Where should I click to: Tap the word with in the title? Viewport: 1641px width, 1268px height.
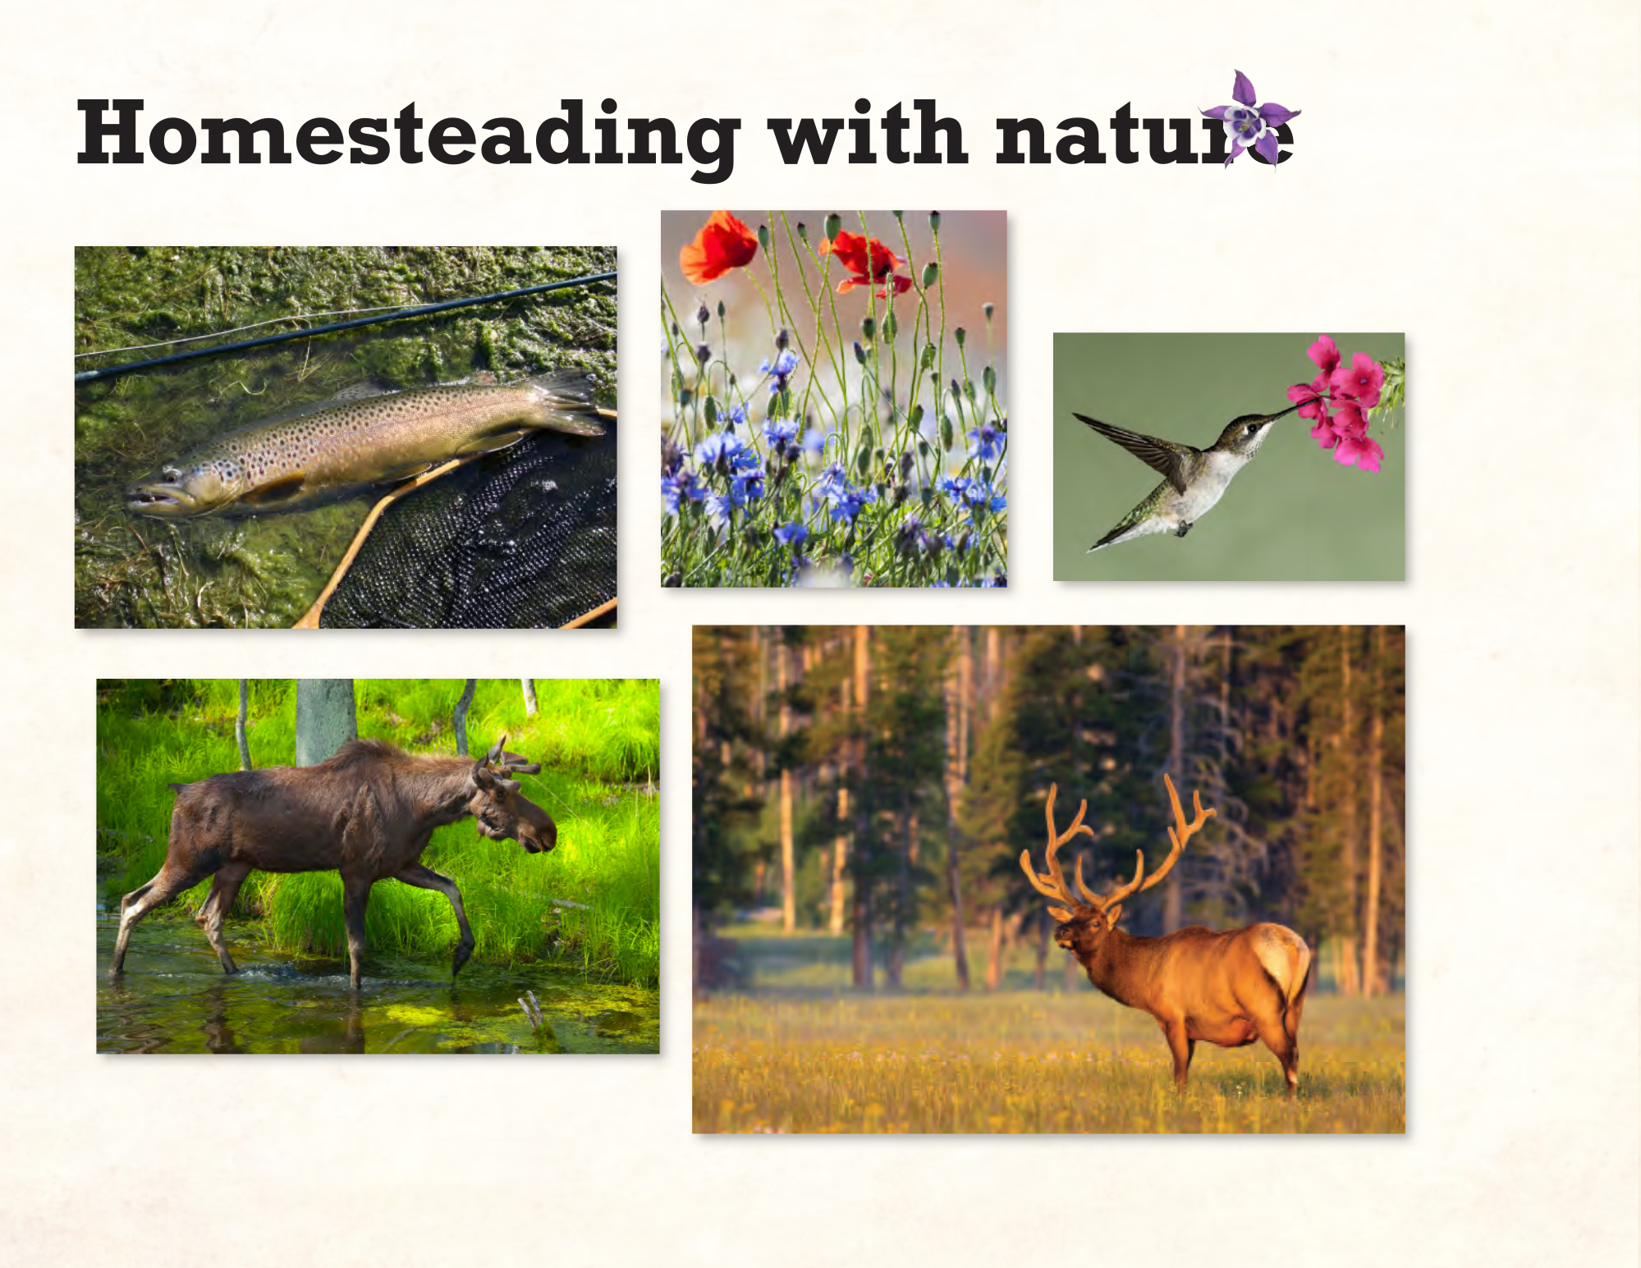[x=869, y=132]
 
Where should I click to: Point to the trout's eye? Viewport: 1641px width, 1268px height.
[x=170, y=475]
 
